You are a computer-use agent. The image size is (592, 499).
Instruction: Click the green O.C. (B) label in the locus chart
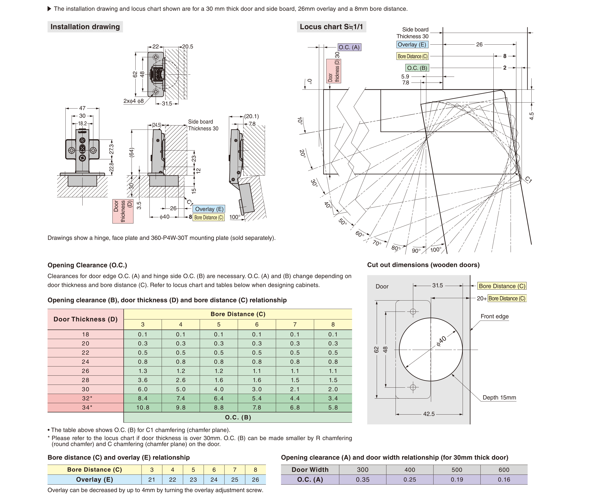tap(417, 68)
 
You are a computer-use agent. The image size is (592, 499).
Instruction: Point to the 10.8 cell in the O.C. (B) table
tap(143, 407)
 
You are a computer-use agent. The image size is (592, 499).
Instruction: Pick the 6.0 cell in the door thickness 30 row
tap(143, 389)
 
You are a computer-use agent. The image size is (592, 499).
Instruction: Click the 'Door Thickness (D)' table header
tap(85, 319)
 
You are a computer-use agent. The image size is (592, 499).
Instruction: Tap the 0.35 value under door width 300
tap(363, 479)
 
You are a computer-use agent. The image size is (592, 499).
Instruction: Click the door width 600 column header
tap(504, 470)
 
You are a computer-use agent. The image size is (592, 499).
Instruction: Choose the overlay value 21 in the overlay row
tap(152, 479)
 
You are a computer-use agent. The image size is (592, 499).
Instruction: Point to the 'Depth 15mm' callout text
tap(499, 397)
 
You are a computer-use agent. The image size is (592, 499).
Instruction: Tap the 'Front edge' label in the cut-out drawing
tap(494, 316)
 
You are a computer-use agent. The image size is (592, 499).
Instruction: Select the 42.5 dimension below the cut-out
tap(429, 414)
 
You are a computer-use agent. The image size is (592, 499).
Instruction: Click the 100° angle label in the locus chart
tap(436, 249)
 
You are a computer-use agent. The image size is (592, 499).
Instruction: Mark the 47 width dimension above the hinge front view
tap(82, 108)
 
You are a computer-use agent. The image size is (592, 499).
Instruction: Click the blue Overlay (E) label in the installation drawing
tap(209, 209)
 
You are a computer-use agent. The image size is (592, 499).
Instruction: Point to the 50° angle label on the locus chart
tap(343, 222)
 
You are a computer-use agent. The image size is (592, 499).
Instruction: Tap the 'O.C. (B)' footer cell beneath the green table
tap(238, 417)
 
